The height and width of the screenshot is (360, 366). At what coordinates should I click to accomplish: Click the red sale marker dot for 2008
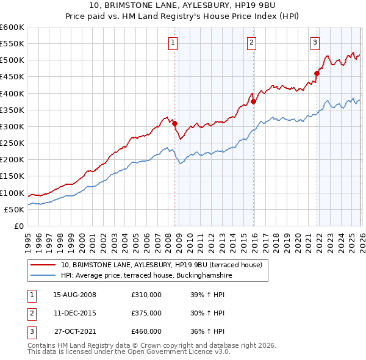(x=174, y=123)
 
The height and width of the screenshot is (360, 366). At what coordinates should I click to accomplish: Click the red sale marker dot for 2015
(x=253, y=102)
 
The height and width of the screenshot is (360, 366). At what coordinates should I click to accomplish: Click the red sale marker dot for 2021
(x=317, y=74)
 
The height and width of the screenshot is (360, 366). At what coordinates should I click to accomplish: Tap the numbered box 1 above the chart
(x=173, y=43)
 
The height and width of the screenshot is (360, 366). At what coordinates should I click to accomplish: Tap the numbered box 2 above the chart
(x=251, y=43)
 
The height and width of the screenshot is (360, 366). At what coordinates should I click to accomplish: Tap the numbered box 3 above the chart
(x=315, y=43)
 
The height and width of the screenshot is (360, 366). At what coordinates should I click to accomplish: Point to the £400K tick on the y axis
(x=12, y=93)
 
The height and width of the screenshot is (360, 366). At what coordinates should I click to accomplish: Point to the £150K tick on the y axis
(x=12, y=176)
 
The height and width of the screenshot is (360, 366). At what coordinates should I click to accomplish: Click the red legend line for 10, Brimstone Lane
(x=43, y=265)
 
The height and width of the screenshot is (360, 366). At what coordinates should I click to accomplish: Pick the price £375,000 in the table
(x=146, y=313)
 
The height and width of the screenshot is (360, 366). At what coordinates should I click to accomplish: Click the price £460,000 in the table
(x=146, y=331)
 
